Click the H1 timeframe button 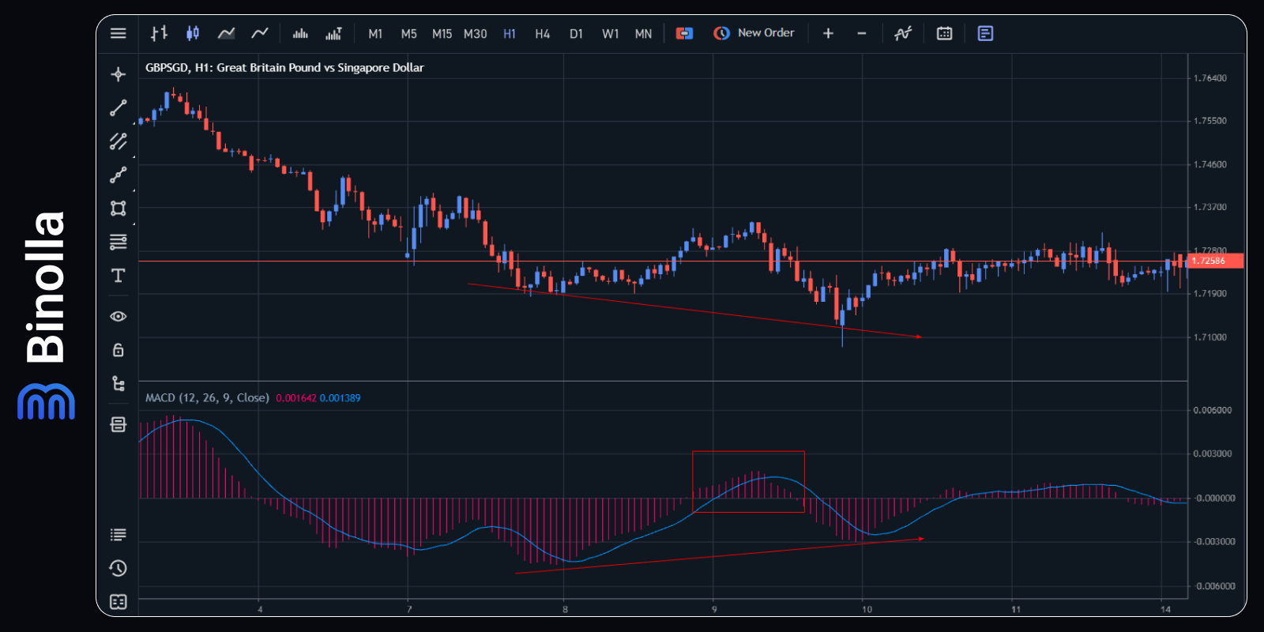tap(509, 34)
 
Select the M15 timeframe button tap(442, 34)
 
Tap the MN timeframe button tap(643, 34)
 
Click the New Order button tap(754, 33)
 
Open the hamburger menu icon tap(118, 33)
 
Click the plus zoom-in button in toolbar tap(828, 33)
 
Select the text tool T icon tap(118, 276)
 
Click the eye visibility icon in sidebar tap(118, 316)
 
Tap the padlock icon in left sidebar tap(118, 350)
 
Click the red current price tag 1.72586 tap(1214, 261)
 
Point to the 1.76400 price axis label tap(1210, 78)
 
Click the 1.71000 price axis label tap(1210, 337)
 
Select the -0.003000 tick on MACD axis tap(1213, 542)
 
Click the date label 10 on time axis tap(867, 609)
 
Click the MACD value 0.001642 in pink tap(295, 398)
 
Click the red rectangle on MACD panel tap(748, 453)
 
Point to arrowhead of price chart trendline tap(920, 337)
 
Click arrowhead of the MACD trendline tap(921, 539)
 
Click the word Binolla tap(45, 288)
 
